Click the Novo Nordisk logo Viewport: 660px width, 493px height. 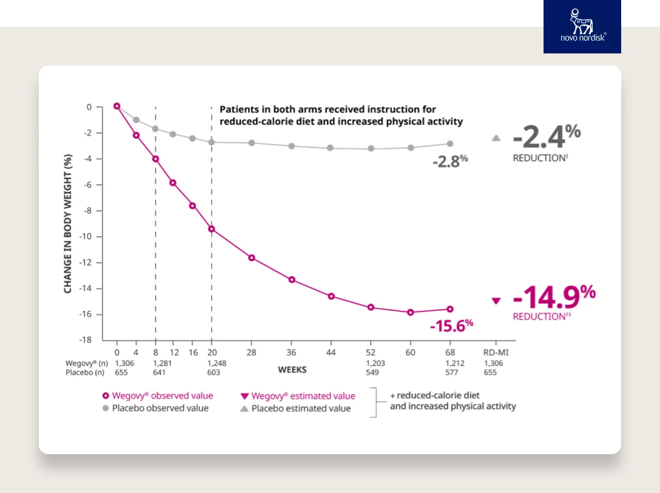point(582,26)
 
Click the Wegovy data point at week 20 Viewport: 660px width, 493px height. point(212,229)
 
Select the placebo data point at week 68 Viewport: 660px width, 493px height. point(450,144)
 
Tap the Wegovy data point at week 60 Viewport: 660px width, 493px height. point(411,312)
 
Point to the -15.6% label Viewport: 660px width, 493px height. point(451,325)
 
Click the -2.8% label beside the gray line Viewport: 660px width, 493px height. point(450,161)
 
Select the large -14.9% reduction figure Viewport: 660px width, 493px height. point(554,297)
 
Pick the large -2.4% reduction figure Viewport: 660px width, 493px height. point(547,137)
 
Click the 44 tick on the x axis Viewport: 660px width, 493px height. point(331,353)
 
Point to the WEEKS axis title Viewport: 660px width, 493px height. point(292,369)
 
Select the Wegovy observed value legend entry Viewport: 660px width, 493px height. point(158,396)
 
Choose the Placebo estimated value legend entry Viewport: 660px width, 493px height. point(296,409)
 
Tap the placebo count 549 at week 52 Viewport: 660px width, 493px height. point(371,373)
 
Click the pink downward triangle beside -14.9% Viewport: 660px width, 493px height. point(496,301)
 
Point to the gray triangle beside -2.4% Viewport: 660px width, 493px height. point(496,138)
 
